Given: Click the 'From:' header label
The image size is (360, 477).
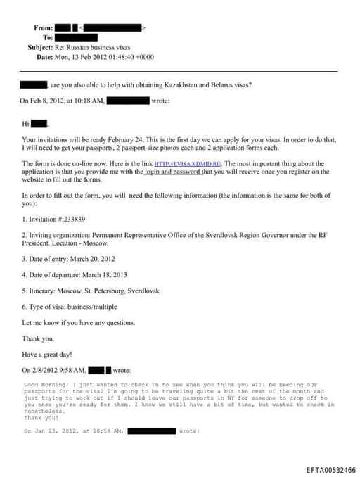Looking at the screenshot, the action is (43, 27).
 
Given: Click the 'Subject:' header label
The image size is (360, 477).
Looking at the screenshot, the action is (40, 47).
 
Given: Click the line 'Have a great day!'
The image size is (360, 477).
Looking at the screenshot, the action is (47, 354).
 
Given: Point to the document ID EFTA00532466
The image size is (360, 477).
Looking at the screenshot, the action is (330, 470).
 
